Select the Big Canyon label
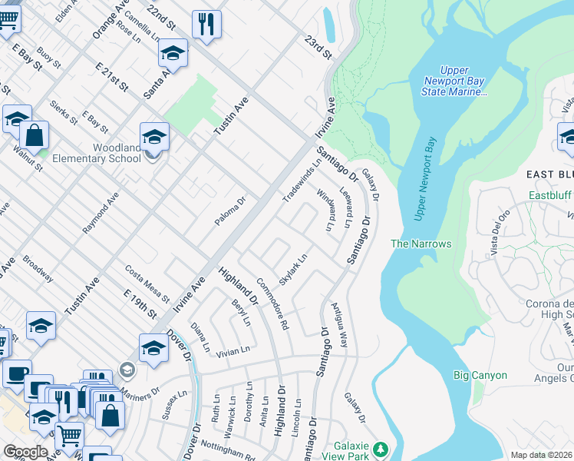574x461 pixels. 480,375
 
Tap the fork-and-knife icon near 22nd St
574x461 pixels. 205,24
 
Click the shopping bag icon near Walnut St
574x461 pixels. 35,136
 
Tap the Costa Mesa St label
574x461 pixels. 147,282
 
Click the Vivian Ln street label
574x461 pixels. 233,350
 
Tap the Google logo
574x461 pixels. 26,451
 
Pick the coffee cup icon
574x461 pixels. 16,374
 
